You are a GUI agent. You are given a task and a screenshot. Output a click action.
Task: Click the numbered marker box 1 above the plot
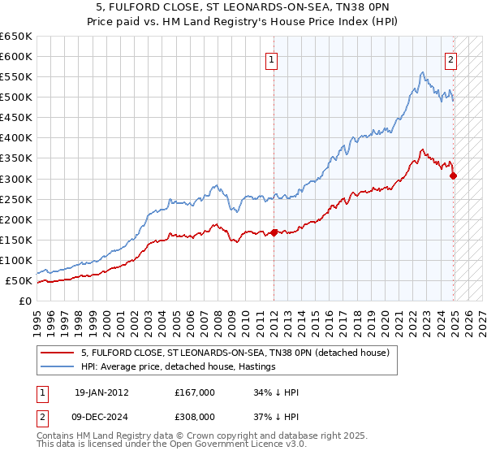(271, 58)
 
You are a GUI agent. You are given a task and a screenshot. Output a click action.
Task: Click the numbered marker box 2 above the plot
(450, 58)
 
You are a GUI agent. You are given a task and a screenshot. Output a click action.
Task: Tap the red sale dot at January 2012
(274, 232)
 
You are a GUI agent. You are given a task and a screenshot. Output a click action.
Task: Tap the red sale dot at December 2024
(453, 175)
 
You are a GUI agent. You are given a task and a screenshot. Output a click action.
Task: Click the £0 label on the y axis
(25, 301)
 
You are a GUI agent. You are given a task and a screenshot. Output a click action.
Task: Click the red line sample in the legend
(58, 353)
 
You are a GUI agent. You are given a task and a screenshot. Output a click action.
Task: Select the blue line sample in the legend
(58, 366)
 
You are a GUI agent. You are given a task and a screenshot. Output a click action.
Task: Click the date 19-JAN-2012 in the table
(101, 392)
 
